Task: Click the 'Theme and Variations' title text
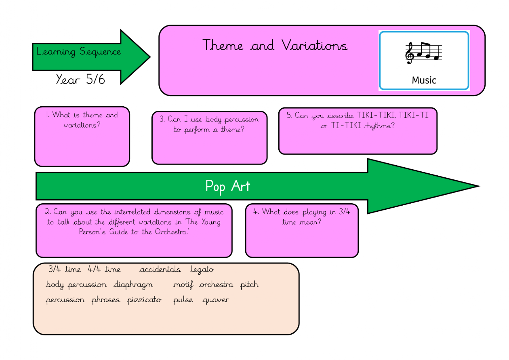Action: pos(275,45)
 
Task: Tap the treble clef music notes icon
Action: pos(423,53)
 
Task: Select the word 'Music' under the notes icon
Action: pos(424,80)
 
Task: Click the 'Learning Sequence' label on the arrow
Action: pos(78,52)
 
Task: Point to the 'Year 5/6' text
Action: pos(80,79)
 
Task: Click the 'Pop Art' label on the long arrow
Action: pos(227,186)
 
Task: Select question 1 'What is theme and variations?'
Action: pos(82,120)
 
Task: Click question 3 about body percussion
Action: pos(209,124)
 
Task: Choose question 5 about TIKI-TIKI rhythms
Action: pos(358,120)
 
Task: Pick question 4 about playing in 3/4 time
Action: pos(301,217)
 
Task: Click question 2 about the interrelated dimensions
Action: pos(134,222)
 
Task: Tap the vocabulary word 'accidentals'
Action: pos(160,269)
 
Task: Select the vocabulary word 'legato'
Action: pos(202,269)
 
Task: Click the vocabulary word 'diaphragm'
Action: pos(133,284)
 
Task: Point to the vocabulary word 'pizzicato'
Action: pos(144,300)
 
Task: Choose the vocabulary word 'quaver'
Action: pos(215,300)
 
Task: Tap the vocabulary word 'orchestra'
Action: pos(216,284)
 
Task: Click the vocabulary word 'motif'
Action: pos(183,285)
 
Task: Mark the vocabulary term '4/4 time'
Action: pos(104,269)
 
